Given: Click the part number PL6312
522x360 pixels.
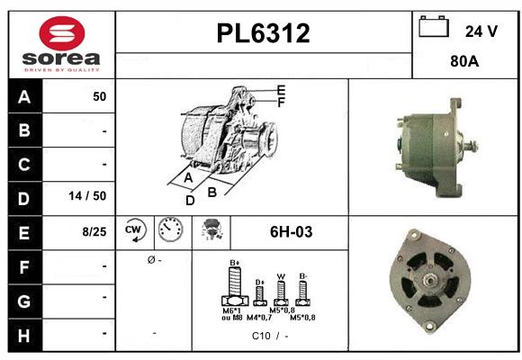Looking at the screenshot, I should [x=264, y=34].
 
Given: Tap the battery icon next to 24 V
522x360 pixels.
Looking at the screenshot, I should [x=434, y=28].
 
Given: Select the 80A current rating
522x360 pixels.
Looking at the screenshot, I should [x=465, y=63].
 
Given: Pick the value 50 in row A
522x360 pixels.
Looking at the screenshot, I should [x=99, y=96].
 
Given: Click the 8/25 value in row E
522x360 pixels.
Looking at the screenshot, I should [x=94, y=231].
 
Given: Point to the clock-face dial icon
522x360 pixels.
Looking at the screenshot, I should [x=169, y=231].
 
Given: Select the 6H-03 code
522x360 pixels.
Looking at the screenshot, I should [x=291, y=231].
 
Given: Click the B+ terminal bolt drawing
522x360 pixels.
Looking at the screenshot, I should [x=235, y=290].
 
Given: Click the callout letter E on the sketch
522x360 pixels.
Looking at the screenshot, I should [x=281, y=90].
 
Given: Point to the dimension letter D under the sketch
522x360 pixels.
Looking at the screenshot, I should [x=190, y=201].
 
